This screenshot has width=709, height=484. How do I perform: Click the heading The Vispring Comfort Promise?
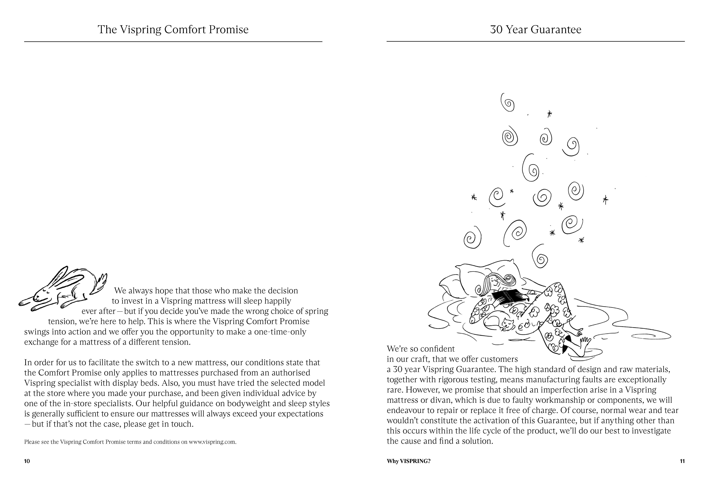click(173, 30)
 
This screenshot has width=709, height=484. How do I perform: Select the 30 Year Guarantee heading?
click(535, 30)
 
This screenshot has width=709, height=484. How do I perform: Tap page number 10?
click(27, 461)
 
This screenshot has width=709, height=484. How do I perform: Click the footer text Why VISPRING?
click(408, 461)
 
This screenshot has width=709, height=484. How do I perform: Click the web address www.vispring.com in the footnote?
click(212, 442)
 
